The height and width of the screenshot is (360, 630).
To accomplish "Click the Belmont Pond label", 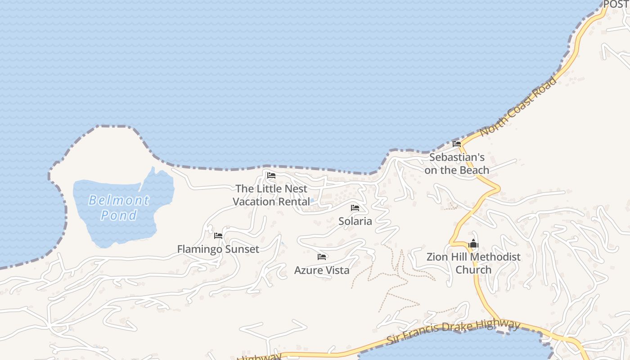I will [118, 207].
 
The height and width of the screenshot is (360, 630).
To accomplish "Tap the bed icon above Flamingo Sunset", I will [218, 236].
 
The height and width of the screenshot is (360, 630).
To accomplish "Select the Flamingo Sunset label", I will [218, 249].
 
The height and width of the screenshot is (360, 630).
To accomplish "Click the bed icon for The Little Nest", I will [271, 175].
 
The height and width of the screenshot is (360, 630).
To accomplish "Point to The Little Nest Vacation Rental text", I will [271, 195].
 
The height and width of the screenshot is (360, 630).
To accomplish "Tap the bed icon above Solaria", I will [355, 208].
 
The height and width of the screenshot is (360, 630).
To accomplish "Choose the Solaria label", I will [355, 221].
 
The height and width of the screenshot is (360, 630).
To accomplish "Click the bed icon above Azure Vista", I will [322, 257].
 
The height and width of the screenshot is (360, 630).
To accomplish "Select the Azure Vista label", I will [322, 270].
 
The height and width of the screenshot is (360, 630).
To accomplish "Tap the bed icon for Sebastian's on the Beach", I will [457, 144].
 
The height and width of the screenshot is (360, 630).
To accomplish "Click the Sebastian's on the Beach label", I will [457, 164].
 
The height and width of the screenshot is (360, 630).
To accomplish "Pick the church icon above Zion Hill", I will [473, 244].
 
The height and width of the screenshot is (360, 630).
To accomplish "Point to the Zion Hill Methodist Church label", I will [473, 263].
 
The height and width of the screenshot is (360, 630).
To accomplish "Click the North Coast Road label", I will [518, 107].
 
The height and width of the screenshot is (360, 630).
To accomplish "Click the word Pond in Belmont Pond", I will [118, 215].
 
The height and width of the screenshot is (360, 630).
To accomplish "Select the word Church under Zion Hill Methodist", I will [473, 270].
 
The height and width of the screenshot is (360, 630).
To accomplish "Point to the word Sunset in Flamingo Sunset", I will [242, 249].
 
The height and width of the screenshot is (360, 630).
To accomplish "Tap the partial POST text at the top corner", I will [616, 4].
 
